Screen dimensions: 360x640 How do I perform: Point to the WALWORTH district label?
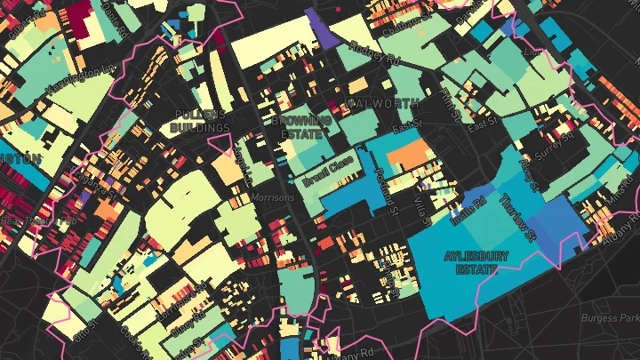(385, 104)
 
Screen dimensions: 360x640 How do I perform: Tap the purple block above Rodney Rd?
(316, 27)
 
